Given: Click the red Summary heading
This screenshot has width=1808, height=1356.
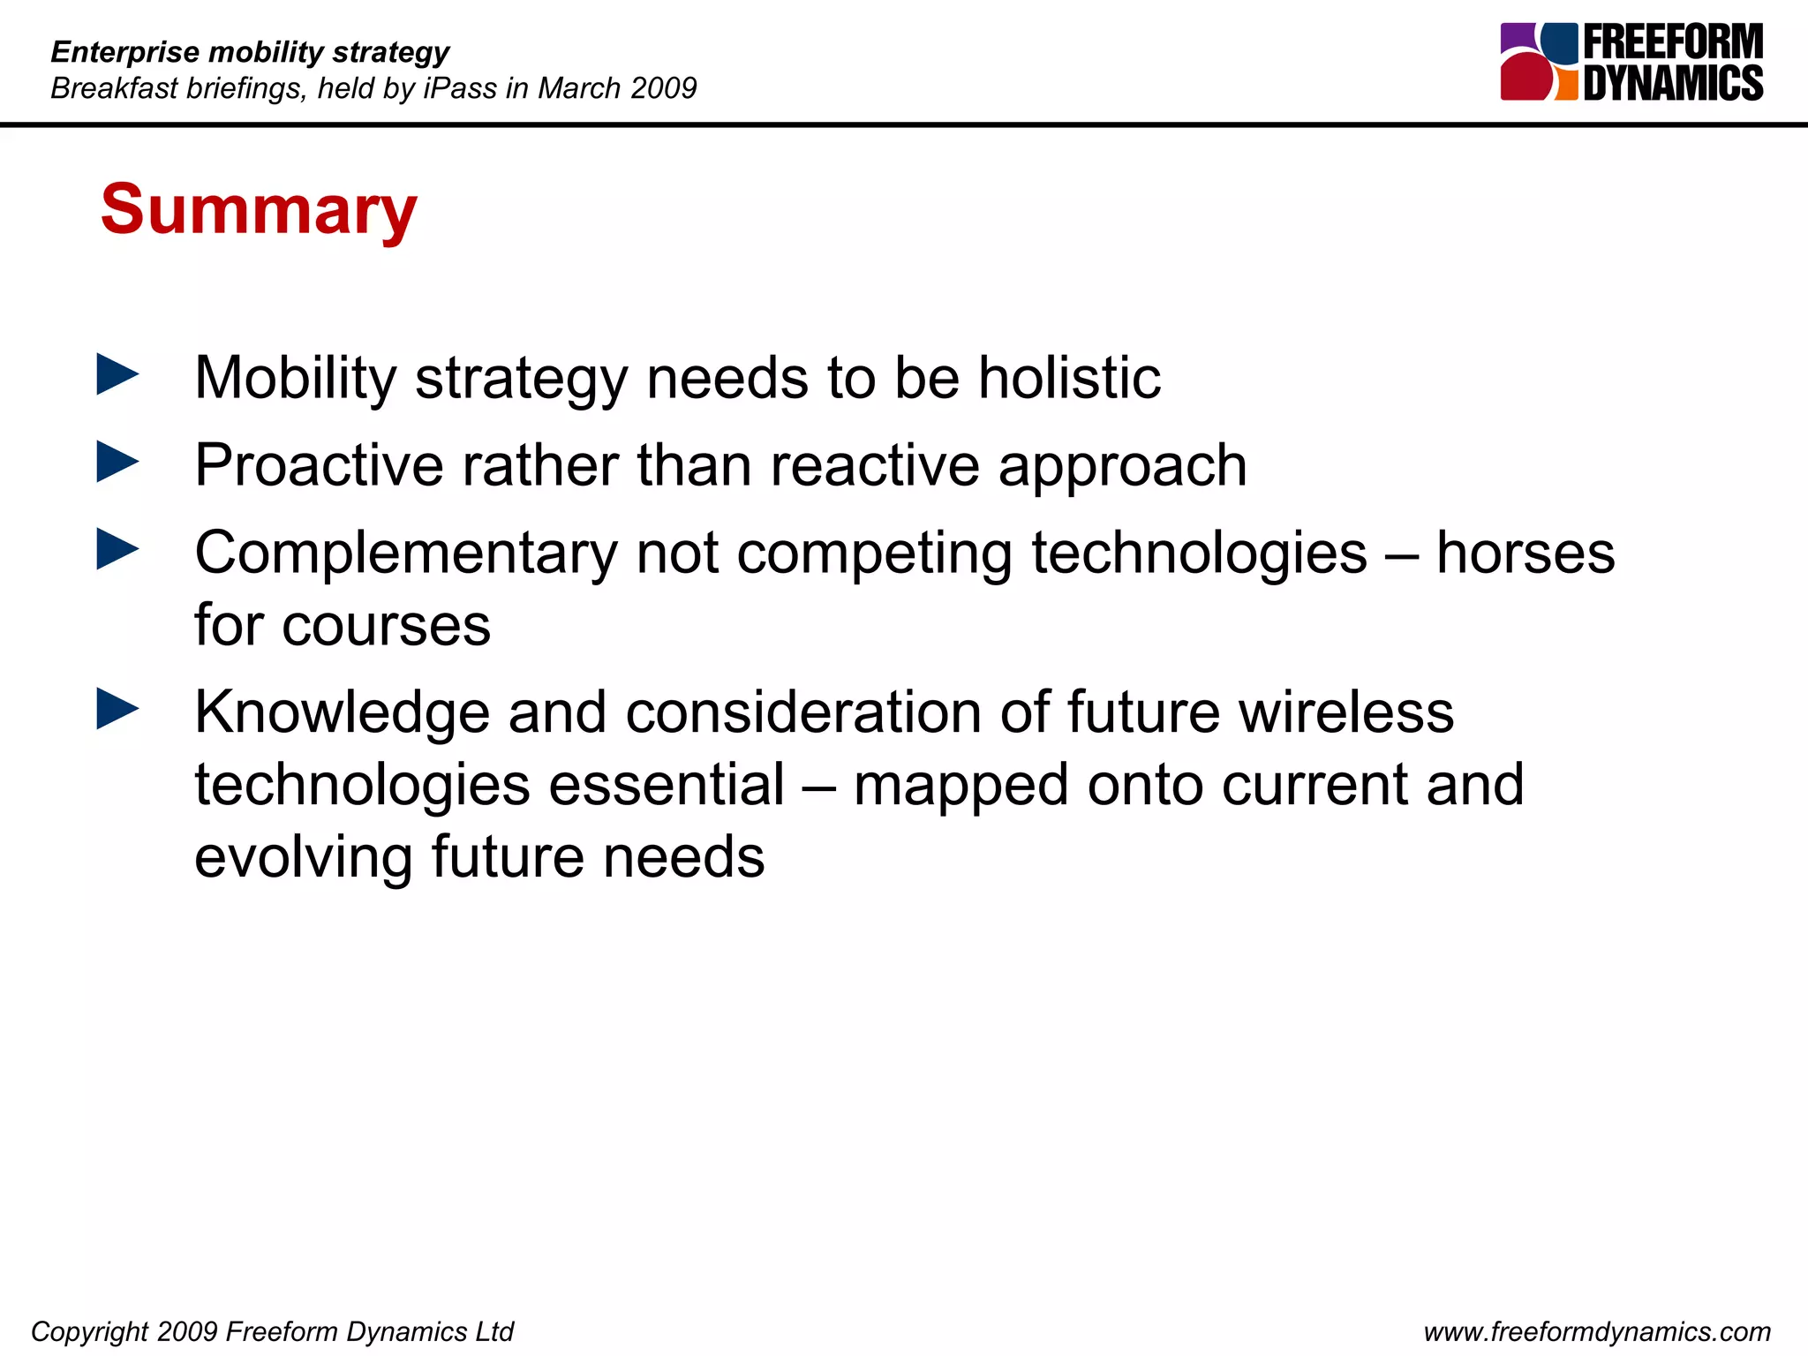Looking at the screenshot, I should pos(258,210).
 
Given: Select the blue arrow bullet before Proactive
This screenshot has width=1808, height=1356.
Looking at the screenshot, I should pos(117,462).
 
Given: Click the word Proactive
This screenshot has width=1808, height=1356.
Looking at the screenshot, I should pos(319,465).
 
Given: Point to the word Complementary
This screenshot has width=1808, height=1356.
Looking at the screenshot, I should pos(405,554).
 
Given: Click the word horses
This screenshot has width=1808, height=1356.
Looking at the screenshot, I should pos(1525,553).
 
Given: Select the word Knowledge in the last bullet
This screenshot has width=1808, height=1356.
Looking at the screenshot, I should pos(342,712).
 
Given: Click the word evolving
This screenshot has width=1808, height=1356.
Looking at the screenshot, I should pos(303,857).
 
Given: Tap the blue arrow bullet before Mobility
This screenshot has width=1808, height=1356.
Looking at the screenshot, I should pos(117,374).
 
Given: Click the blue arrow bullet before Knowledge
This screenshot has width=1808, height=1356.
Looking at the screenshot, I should pos(117,709).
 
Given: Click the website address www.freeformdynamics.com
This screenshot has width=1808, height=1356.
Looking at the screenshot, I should pos(1597,1331).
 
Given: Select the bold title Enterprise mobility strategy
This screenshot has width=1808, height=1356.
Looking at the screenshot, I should pos(250,52).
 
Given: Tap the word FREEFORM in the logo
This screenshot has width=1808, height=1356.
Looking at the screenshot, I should pos(1672,42).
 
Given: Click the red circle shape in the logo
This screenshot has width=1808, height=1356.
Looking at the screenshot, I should pos(1525,78).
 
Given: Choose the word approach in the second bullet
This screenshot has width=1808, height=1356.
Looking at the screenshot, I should pos(1122,465).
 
